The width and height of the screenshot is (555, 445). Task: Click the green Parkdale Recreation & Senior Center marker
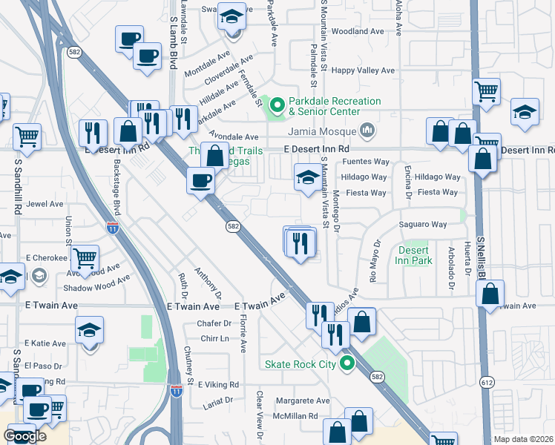[278, 106]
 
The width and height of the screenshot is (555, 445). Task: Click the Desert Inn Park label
[414, 256]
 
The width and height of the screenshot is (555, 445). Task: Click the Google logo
[24, 436]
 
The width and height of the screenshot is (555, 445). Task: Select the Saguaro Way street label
[422, 224]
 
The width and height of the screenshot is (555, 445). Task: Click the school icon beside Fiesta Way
[308, 177]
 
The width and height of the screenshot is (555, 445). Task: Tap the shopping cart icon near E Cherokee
[85, 258]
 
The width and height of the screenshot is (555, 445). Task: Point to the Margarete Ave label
[302, 400]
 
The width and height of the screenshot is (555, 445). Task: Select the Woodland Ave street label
[358, 32]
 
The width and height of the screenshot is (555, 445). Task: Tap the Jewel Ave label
[45, 204]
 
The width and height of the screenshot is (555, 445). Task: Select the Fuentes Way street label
[366, 162]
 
